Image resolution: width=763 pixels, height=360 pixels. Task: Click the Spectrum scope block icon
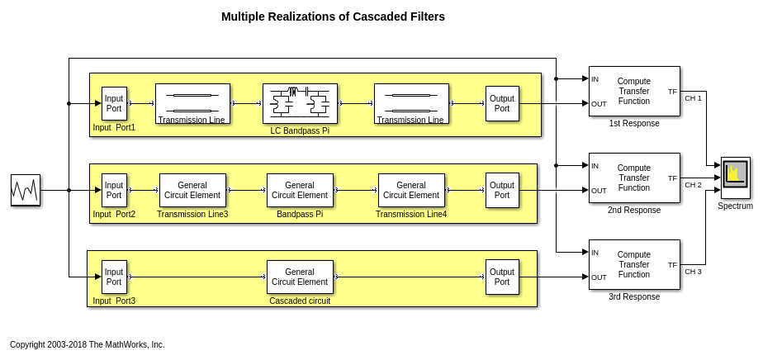[x=735, y=177]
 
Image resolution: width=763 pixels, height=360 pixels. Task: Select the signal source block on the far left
[x=25, y=190]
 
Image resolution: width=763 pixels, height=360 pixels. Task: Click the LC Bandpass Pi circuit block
[x=300, y=103]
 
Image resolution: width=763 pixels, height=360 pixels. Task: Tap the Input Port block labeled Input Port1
[x=114, y=103]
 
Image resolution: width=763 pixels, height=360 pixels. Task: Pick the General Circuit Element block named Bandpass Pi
[x=300, y=190]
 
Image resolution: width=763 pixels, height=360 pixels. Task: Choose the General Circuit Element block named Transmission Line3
[x=192, y=190]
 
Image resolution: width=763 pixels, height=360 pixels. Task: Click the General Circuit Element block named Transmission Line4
[x=411, y=190]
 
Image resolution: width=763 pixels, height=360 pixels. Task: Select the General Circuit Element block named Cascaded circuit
[x=300, y=277]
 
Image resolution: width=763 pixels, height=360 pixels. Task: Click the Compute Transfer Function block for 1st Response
[x=634, y=91]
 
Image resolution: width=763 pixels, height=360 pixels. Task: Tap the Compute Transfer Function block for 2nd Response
[x=634, y=178]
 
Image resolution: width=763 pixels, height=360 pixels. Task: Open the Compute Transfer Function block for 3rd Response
[x=634, y=264]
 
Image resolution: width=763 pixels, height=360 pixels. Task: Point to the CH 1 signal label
[x=693, y=98]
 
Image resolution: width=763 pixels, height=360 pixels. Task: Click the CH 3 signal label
[x=693, y=272]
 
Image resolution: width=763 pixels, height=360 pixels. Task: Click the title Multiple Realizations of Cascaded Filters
[x=333, y=17]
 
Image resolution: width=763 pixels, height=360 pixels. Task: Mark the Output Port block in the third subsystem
[x=502, y=277]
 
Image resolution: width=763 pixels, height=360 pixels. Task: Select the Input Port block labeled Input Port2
[x=114, y=190]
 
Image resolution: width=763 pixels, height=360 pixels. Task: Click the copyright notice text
[x=88, y=344]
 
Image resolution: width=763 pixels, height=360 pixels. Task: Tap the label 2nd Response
[x=634, y=211]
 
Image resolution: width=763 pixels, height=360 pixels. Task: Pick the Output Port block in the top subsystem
[x=502, y=103]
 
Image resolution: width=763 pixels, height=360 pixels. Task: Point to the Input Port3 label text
[x=114, y=301]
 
